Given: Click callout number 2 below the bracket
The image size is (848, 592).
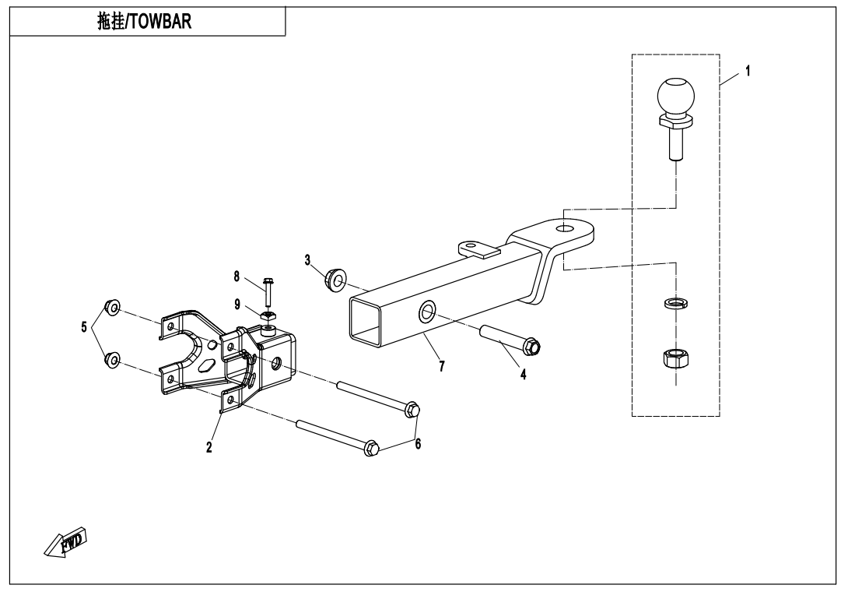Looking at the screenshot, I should [x=209, y=447].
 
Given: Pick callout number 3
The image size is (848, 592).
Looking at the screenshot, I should [x=308, y=259].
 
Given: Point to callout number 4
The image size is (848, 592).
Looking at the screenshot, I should [x=523, y=374].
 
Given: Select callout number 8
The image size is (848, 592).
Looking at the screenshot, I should [x=237, y=275].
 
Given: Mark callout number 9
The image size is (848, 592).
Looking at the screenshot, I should [x=237, y=304].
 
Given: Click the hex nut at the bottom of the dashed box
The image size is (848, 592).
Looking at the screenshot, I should [x=675, y=359].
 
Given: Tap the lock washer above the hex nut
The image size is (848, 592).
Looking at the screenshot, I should [x=675, y=304].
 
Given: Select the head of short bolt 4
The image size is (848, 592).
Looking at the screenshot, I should [x=533, y=345].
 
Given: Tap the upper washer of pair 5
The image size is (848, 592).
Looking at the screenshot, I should [x=112, y=308].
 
